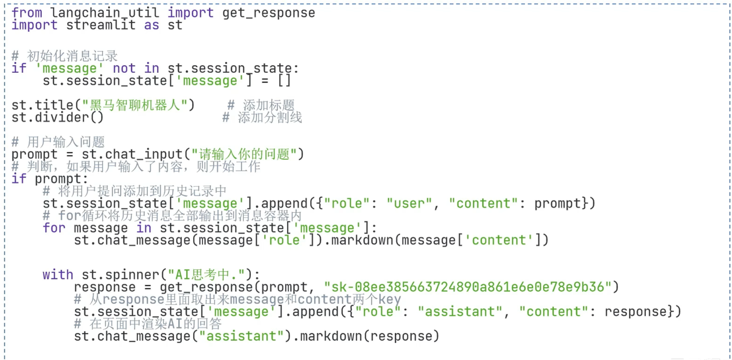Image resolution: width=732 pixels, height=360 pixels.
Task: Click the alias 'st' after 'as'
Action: pyautogui.click(x=175, y=25)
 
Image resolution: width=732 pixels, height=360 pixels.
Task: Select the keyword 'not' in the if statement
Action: pyautogui.click(x=124, y=68)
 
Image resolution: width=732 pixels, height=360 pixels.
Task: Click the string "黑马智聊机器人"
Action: pyautogui.click(x=138, y=106)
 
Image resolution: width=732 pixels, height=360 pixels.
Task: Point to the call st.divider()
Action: pyautogui.click(x=57, y=118)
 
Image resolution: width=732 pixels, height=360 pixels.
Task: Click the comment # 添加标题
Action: pyautogui.click(x=261, y=106)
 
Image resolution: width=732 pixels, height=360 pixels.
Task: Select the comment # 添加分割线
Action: pyautogui.click(x=262, y=118)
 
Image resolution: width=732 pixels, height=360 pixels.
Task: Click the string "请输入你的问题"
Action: pyautogui.click(x=247, y=154)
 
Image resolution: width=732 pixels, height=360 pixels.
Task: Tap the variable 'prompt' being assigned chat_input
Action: pyautogui.click(x=34, y=154)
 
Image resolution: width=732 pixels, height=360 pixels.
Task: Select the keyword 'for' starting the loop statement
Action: pyautogui.click(x=54, y=228)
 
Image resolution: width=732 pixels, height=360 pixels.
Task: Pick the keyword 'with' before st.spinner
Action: pyautogui.click(x=58, y=275)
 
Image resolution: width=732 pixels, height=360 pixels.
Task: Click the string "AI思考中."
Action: pyautogui.click(x=210, y=275)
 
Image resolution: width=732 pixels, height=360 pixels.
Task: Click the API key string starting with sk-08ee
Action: pyautogui.click(x=467, y=287)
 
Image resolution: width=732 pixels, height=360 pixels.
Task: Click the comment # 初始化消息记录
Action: pyautogui.click(x=65, y=56)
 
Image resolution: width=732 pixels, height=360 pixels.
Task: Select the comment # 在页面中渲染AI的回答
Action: pyautogui.click(x=147, y=324)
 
